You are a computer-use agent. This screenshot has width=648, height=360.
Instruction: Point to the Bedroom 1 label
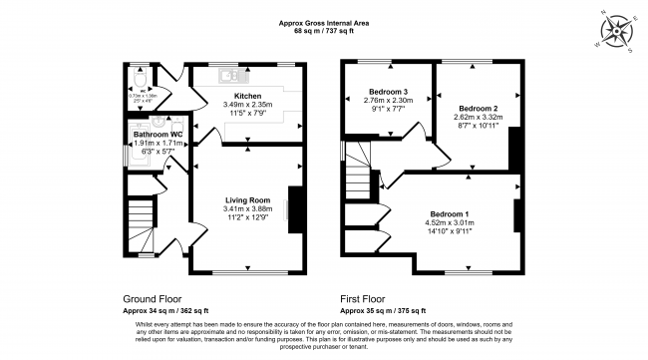coord(452,214)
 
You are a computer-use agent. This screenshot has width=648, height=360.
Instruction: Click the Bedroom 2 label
coord(479,107)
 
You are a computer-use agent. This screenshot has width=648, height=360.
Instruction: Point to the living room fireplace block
coord(294,209)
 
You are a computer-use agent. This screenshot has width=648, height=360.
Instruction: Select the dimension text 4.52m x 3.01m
coord(452,224)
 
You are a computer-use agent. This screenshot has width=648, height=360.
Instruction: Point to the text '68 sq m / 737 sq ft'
coord(324,32)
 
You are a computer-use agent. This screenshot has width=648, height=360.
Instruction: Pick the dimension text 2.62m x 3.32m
coord(479,117)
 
